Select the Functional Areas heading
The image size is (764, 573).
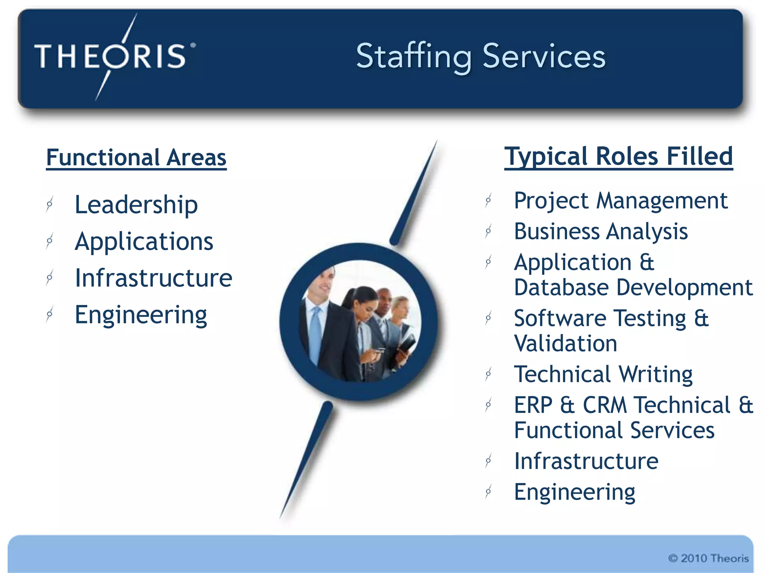(136, 157)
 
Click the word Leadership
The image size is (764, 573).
(136, 204)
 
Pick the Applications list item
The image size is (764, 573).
(144, 241)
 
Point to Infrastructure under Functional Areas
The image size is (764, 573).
(153, 278)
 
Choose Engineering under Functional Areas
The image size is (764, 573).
(141, 314)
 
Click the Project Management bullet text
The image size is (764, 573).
(620, 201)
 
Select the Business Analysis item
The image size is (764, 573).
(601, 231)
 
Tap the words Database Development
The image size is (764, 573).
(633, 287)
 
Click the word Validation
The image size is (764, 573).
(566, 343)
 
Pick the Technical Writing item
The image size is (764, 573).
(603, 374)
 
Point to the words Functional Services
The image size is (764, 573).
(614, 430)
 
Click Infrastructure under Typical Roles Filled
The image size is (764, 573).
(586, 461)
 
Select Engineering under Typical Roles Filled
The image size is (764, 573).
(574, 492)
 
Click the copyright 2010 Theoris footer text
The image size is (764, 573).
(708, 558)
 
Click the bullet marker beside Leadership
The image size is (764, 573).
(49, 204)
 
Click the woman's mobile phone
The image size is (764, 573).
(379, 351)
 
